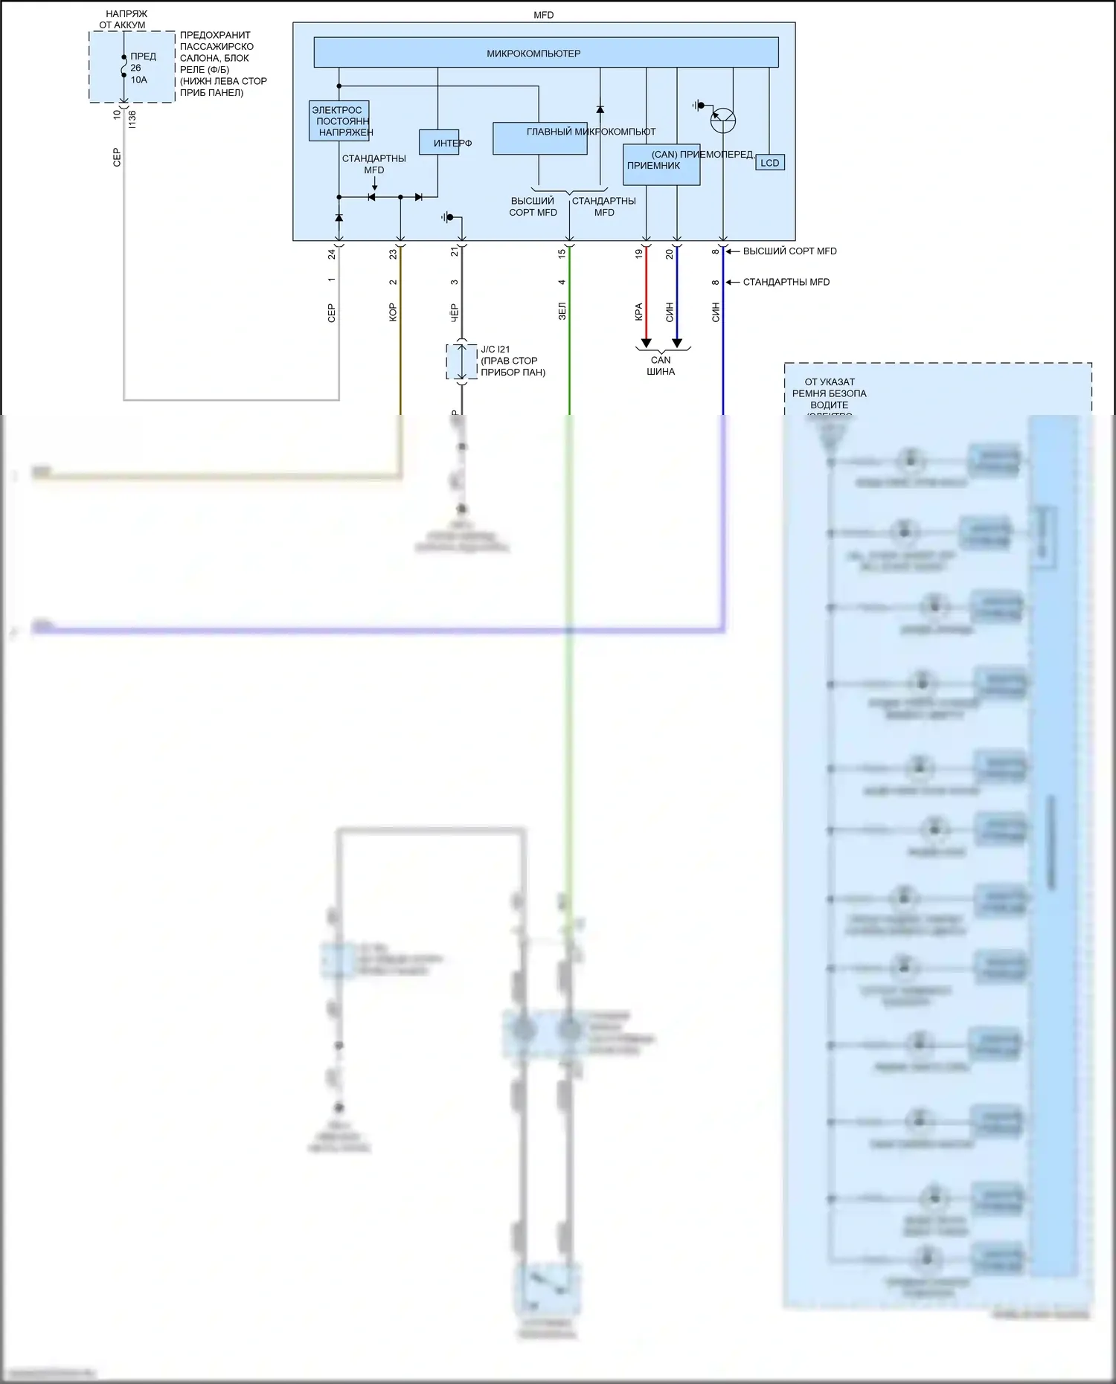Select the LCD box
(769, 163)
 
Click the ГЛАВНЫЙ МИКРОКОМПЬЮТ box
(539, 138)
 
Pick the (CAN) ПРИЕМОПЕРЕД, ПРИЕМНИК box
(661, 164)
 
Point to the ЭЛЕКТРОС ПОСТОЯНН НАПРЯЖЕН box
(339, 121)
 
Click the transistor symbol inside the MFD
(722, 120)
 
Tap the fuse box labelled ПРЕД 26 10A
(132, 68)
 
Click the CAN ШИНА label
(661, 366)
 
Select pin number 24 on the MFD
(331, 254)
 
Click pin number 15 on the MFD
(562, 254)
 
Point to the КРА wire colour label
(638, 312)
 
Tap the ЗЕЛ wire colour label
(562, 311)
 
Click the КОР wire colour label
(393, 312)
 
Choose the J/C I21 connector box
(461, 361)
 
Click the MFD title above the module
(544, 15)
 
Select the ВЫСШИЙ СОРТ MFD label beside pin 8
(789, 251)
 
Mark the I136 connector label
(132, 119)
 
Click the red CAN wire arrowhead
(646, 343)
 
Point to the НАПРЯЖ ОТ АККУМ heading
(125, 19)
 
